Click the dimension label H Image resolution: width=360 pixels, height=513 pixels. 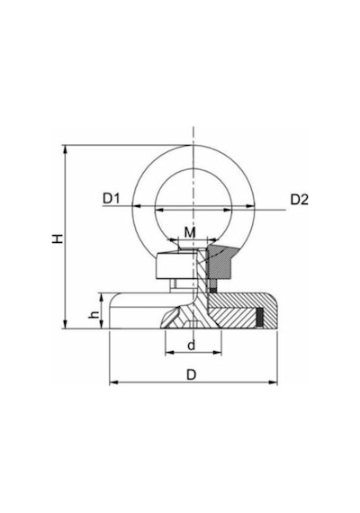(x=58, y=238)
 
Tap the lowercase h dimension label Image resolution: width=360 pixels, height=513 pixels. (x=94, y=314)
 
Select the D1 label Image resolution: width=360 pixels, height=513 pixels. (x=112, y=198)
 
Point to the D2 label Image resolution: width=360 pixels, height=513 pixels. (x=300, y=199)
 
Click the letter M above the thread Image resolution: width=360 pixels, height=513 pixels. (x=190, y=232)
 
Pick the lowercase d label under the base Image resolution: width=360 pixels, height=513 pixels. (x=192, y=346)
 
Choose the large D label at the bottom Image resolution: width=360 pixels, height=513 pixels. (x=192, y=375)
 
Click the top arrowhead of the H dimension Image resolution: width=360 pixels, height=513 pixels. (x=66, y=149)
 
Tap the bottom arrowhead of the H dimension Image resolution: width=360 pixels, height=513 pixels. (x=66, y=324)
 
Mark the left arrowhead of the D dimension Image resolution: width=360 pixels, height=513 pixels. (x=113, y=382)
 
